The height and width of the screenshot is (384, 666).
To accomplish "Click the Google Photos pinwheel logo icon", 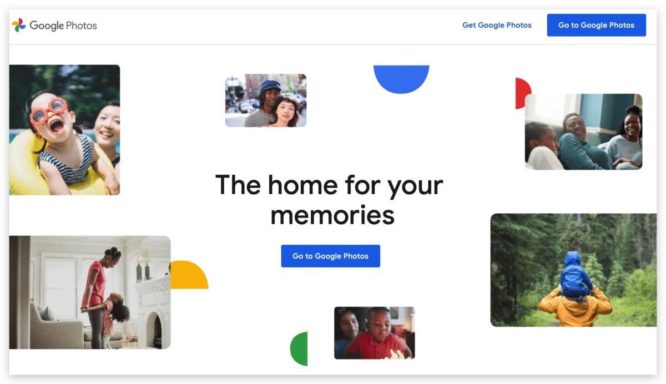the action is point(19,25).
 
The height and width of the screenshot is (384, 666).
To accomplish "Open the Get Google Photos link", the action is point(497,26).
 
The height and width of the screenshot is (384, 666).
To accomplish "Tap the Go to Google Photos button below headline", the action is point(330,256).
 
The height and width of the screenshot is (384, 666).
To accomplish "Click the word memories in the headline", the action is point(332,215).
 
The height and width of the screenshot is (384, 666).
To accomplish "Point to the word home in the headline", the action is point(302,185).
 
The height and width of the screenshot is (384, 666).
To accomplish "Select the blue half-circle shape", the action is point(401,79).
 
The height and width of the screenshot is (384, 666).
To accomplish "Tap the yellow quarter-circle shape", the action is point(189,275).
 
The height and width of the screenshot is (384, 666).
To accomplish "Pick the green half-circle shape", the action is point(299,348).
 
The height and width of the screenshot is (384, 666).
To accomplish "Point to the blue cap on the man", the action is point(270,85).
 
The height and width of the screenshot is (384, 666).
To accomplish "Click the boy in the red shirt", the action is point(377,336).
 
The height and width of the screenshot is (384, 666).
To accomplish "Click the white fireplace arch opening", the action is point(154,331).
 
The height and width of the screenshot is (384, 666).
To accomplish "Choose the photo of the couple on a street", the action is point(266,100).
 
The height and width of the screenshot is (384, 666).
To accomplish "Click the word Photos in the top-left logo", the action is point(81,26).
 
